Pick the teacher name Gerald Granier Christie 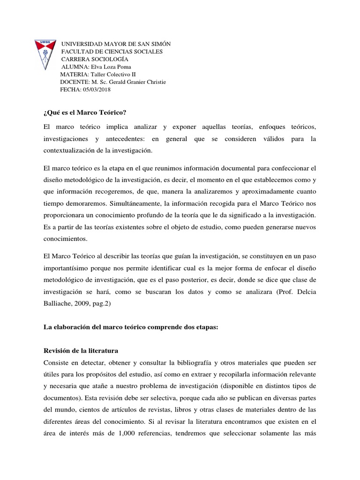(133, 82)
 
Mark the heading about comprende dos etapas (131, 328)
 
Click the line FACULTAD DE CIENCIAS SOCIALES (112, 52)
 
